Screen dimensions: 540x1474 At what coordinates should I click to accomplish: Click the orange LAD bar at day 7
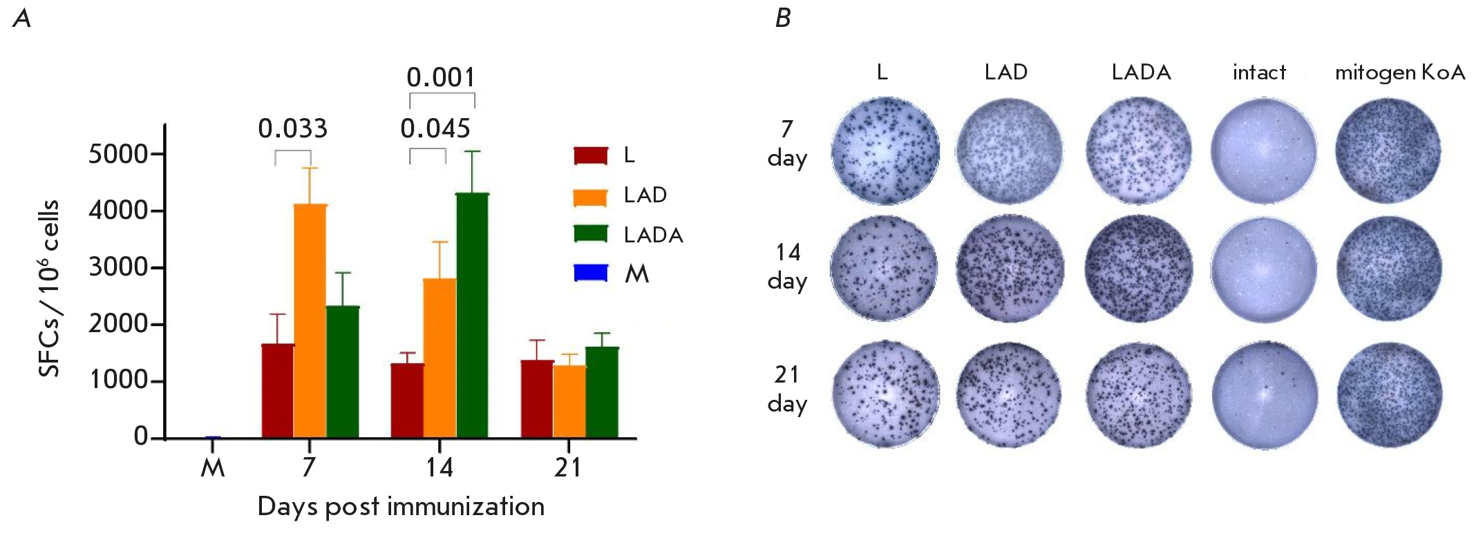click(x=310, y=321)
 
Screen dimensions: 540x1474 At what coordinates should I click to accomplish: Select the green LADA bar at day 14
click(x=472, y=316)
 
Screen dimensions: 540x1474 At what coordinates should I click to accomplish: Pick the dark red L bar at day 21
click(x=537, y=399)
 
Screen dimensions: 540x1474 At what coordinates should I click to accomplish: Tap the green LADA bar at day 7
click(x=343, y=372)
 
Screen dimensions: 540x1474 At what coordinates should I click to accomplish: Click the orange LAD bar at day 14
click(x=440, y=358)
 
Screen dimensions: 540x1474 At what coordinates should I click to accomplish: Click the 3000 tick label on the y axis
click(x=118, y=267)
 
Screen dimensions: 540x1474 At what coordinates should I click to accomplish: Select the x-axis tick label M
click(x=213, y=468)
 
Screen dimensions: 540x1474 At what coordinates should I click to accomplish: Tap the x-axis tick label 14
click(x=439, y=468)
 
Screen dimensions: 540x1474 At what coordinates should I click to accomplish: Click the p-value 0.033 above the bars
click(x=293, y=128)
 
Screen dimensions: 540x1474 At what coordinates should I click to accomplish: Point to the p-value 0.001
click(x=441, y=77)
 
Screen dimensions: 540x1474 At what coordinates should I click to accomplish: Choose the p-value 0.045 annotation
click(x=435, y=128)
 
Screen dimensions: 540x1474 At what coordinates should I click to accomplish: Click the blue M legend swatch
click(x=591, y=273)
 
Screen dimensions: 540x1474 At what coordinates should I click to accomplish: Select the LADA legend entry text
click(x=653, y=235)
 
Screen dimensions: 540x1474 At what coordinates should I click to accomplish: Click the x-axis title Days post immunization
click(x=401, y=507)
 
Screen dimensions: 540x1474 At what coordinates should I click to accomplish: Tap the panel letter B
click(x=782, y=18)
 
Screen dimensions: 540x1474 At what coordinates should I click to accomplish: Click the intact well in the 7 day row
click(x=1264, y=151)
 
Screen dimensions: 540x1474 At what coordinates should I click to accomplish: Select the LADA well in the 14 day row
click(x=1140, y=269)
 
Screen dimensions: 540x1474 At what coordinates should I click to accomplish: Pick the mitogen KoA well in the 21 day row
click(x=1390, y=395)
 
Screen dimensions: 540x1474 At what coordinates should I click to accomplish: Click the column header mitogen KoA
click(x=1400, y=73)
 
